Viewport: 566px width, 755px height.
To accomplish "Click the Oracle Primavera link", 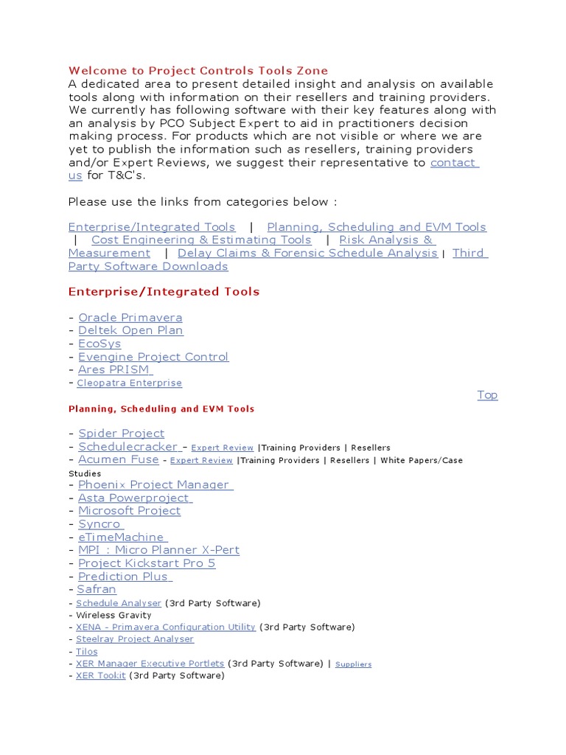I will coord(130,318).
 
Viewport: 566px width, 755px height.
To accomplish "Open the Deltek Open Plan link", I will coord(130,330).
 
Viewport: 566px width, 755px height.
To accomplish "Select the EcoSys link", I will coord(99,344).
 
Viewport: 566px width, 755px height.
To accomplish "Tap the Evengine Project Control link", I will coord(153,357).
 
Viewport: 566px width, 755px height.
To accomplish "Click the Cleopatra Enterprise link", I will coord(129,383).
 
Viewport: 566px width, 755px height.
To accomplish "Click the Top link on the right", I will coord(487,395).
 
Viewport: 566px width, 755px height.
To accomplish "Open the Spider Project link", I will coord(122,434).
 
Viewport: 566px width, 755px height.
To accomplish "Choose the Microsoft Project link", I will coord(129,511).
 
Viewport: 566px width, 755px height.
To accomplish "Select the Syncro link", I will coord(99,524).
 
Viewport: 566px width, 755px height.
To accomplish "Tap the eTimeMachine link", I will coord(122,537).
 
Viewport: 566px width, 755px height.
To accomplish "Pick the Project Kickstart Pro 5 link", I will coord(147,563).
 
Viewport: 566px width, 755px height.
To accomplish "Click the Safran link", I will coord(97,589).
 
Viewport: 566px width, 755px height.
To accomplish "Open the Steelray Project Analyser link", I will coord(135,639).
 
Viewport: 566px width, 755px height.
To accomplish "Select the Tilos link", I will coord(87,652).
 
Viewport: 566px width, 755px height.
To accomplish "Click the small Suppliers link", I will coord(353,664).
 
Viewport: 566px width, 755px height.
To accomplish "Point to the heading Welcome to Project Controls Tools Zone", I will coord(198,71).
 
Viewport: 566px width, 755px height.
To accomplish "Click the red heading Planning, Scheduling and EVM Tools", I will coord(161,408).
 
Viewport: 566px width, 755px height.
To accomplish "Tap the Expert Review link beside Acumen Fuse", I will coord(201,461).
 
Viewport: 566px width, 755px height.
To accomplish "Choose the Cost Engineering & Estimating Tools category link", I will coord(201,240).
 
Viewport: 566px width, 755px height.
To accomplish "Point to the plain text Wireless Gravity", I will coord(113,615).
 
